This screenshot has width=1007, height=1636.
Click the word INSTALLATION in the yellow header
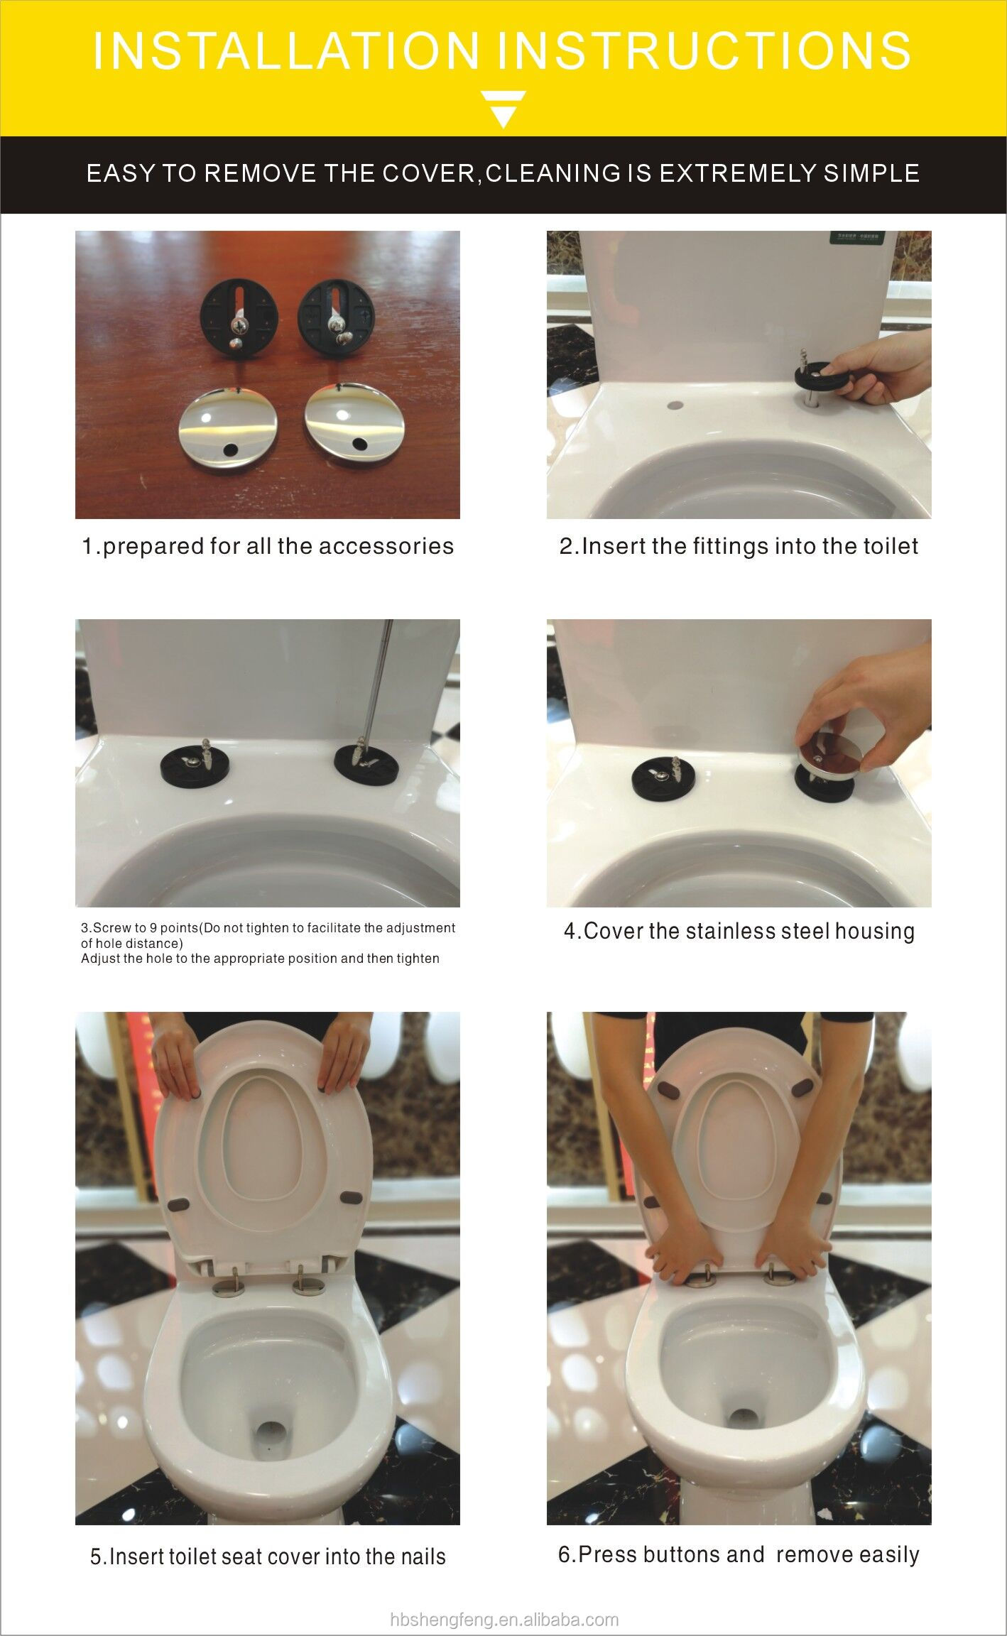(x=286, y=50)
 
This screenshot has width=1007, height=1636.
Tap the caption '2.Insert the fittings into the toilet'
(x=739, y=546)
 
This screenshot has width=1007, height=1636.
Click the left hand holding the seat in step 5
(x=173, y=1054)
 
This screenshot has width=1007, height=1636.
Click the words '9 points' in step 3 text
(x=172, y=927)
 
